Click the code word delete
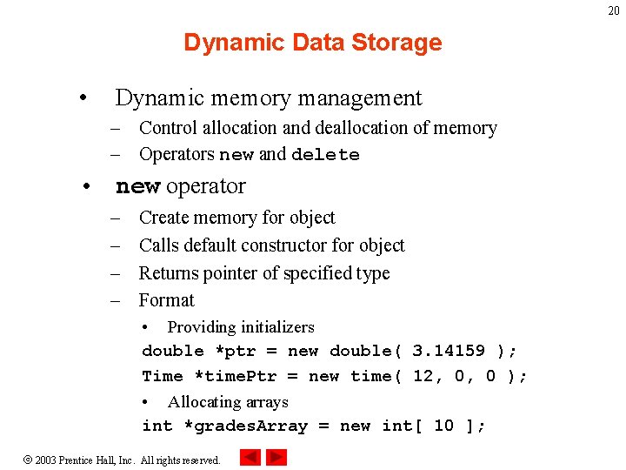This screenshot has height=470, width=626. [x=325, y=155]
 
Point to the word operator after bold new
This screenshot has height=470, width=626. [x=205, y=186]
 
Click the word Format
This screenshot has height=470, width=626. [x=167, y=300]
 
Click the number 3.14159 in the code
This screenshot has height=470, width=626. [x=449, y=352]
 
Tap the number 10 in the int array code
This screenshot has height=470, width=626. [x=443, y=426]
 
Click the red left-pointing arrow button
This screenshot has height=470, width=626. [x=250, y=457]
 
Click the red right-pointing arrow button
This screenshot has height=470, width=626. [x=276, y=457]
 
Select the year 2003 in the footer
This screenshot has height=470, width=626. [x=46, y=460]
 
